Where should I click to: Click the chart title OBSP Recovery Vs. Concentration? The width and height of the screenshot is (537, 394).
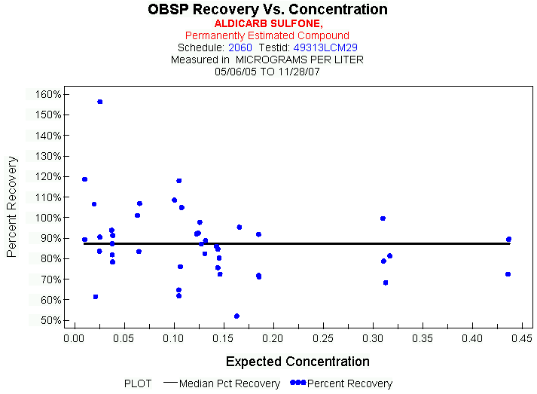coord(267,10)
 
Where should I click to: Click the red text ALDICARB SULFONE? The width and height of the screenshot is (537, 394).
coord(268,24)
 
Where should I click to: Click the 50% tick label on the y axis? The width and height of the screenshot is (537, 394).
coord(50,320)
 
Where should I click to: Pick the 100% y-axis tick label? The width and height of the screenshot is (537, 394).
coord(47,218)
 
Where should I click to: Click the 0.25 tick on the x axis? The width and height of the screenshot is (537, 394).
coord(323,338)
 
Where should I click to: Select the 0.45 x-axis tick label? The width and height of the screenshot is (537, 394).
coord(522,338)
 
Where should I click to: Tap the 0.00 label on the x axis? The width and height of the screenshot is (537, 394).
coord(73,338)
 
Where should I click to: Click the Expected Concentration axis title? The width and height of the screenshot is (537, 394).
coord(297,362)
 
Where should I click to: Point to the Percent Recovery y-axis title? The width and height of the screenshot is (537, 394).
coord(12,207)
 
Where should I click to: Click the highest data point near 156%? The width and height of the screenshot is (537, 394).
coord(99,102)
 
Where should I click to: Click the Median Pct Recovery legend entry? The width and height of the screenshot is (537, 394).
coord(230,383)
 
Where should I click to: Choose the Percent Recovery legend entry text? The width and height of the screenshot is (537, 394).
coord(349,383)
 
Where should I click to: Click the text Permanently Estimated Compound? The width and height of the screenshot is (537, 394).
coord(267,35)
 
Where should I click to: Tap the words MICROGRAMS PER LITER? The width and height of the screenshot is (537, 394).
coord(300,59)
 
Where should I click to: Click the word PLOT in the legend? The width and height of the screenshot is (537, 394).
coord(138,383)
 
